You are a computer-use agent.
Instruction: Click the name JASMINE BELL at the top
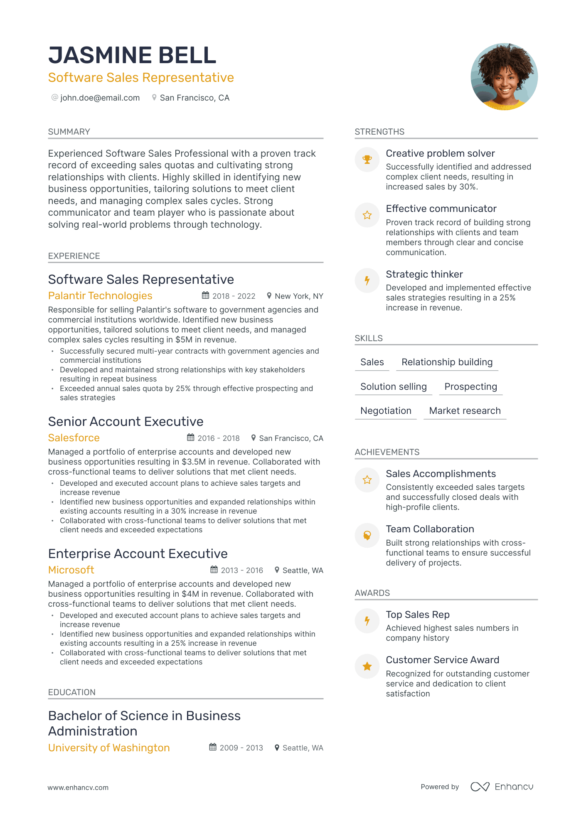click(x=132, y=55)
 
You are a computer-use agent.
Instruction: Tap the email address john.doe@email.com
click(x=100, y=98)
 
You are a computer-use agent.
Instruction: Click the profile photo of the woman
click(x=504, y=76)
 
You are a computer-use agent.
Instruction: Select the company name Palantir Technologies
click(x=100, y=296)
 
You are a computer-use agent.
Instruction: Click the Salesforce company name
click(x=74, y=438)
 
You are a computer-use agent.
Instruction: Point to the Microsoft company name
click(x=71, y=570)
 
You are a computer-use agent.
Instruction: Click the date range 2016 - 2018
click(x=219, y=438)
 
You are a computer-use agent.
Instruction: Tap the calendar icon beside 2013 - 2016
click(x=214, y=570)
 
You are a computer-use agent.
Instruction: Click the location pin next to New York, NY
click(x=269, y=296)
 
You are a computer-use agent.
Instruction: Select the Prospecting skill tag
click(x=470, y=387)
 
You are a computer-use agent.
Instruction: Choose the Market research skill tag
click(x=465, y=411)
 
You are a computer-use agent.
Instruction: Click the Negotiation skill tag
click(x=386, y=411)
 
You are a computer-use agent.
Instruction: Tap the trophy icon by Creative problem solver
click(x=367, y=160)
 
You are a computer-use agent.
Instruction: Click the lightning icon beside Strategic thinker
click(x=367, y=280)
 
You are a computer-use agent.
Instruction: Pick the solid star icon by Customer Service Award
click(x=367, y=667)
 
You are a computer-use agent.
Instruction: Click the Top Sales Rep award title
click(x=418, y=615)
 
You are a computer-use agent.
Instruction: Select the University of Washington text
click(x=109, y=748)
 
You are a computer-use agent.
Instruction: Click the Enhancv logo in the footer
click(x=502, y=787)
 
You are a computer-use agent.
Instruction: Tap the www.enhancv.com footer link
click(x=78, y=787)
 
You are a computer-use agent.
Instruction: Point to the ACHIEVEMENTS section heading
click(x=387, y=452)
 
